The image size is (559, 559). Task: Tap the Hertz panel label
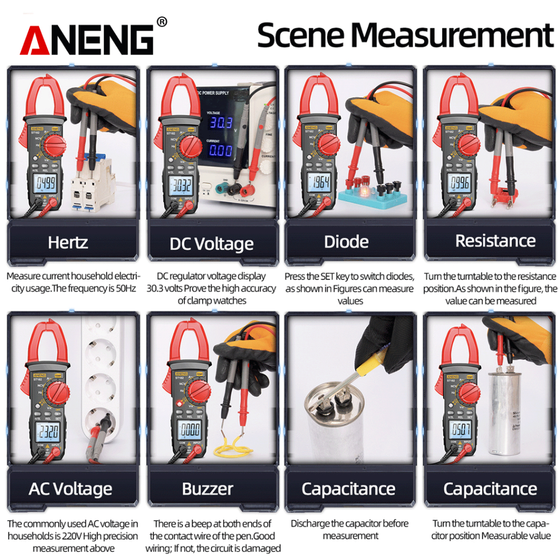68,242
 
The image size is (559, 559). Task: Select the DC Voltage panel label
211,243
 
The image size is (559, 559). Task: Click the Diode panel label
346,242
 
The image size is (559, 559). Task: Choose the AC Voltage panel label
70,489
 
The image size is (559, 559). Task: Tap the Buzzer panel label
207,489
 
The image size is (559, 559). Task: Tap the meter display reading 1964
319,182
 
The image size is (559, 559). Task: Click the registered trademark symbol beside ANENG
162,22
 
